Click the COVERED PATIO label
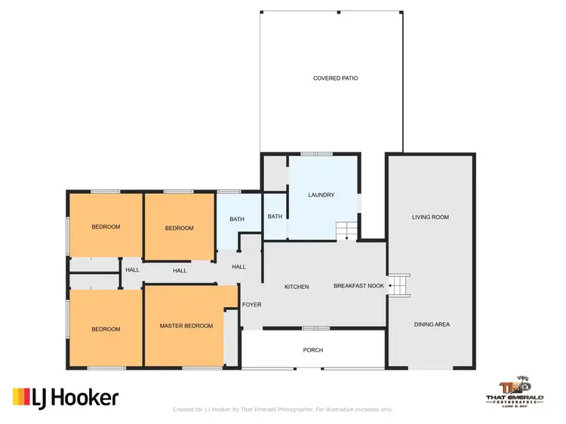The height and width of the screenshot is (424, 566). (x=331, y=78)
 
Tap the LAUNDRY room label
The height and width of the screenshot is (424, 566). (x=321, y=195)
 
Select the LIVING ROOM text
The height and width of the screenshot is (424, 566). (x=430, y=217)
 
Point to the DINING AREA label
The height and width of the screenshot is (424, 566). (x=432, y=324)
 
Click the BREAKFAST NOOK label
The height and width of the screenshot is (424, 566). (x=359, y=287)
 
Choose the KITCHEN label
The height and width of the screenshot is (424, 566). (x=296, y=287)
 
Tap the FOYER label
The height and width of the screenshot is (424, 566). (x=251, y=305)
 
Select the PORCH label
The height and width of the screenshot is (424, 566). (x=312, y=349)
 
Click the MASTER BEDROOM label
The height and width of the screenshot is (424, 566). (x=186, y=326)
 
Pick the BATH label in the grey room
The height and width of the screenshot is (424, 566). (x=275, y=217)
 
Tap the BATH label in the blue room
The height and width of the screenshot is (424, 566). (x=237, y=220)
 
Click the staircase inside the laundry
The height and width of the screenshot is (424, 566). (x=346, y=229)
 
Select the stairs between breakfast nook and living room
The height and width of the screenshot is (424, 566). (x=398, y=286)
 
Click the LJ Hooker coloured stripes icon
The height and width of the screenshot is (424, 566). (x=21, y=396)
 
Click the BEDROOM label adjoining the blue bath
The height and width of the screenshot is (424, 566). (x=179, y=229)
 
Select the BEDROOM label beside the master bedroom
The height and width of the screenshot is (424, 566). (x=106, y=329)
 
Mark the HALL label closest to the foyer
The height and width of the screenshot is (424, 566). (x=238, y=266)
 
